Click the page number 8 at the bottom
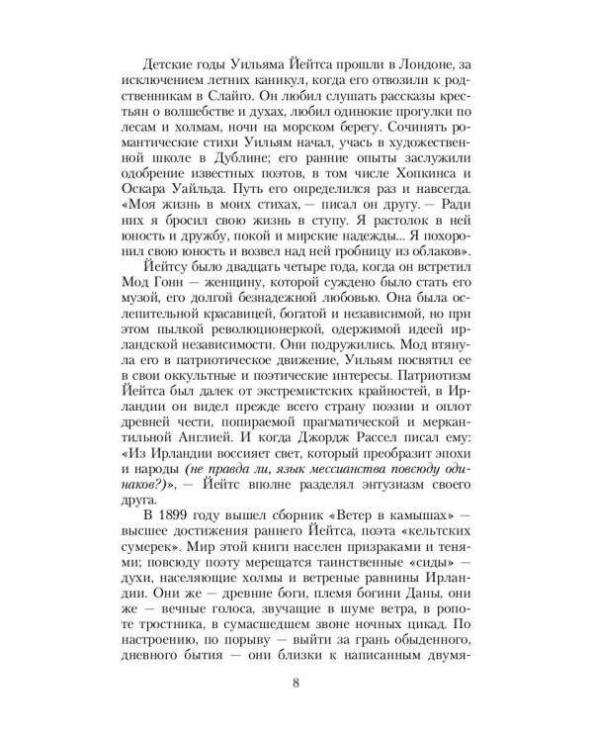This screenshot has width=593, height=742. (x=296, y=710)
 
